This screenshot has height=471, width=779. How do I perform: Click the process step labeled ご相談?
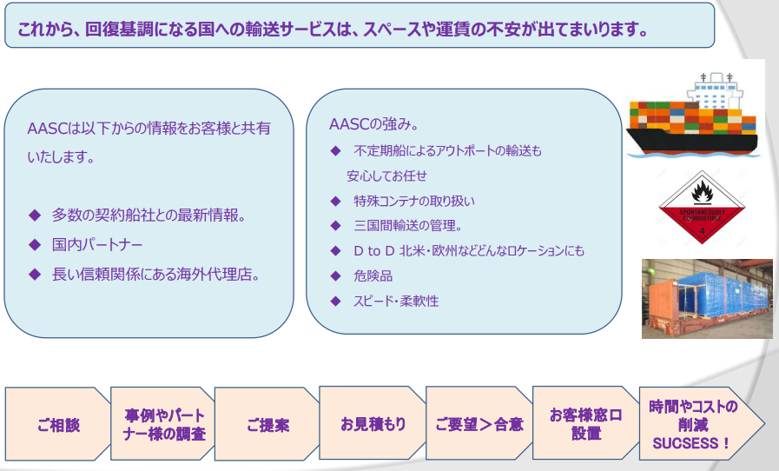click(x=57, y=424)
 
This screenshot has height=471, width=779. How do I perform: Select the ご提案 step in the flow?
click(x=267, y=424)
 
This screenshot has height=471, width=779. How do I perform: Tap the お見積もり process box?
click(x=373, y=423)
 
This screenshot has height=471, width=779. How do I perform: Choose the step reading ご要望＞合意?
click(x=479, y=423)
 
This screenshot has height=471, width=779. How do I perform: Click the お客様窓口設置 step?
click(x=585, y=423)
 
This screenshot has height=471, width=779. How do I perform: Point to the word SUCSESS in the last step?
click(x=684, y=443)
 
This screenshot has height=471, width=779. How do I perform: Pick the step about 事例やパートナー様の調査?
click(x=163, y=424)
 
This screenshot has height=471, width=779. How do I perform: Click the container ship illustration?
click(x=692, y=115)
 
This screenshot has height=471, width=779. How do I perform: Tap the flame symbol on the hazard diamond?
click(x=702, y=190)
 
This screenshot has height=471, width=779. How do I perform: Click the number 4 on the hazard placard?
click(x=702, y=231)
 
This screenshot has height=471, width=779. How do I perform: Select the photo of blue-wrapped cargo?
click(x=707, y=298)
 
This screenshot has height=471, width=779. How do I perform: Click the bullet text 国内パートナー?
click(x=97, y=245)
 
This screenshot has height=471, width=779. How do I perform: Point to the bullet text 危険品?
click(x=373, y=275)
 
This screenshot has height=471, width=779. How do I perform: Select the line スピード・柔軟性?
click(x=396, y=301)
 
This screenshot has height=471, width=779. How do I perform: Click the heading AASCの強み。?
click(x=374, y=124)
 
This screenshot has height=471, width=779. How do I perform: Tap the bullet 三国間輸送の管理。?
click(x=408, y=225)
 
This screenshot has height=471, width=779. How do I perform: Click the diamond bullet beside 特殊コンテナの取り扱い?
click(x=336, y=201)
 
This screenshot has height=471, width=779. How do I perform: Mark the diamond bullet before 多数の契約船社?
click(x=35, y=216)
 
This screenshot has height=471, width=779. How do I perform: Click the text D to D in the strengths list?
click(x=373, y=250)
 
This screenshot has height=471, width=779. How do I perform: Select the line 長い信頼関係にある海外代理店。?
click(x=156, y=274)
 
